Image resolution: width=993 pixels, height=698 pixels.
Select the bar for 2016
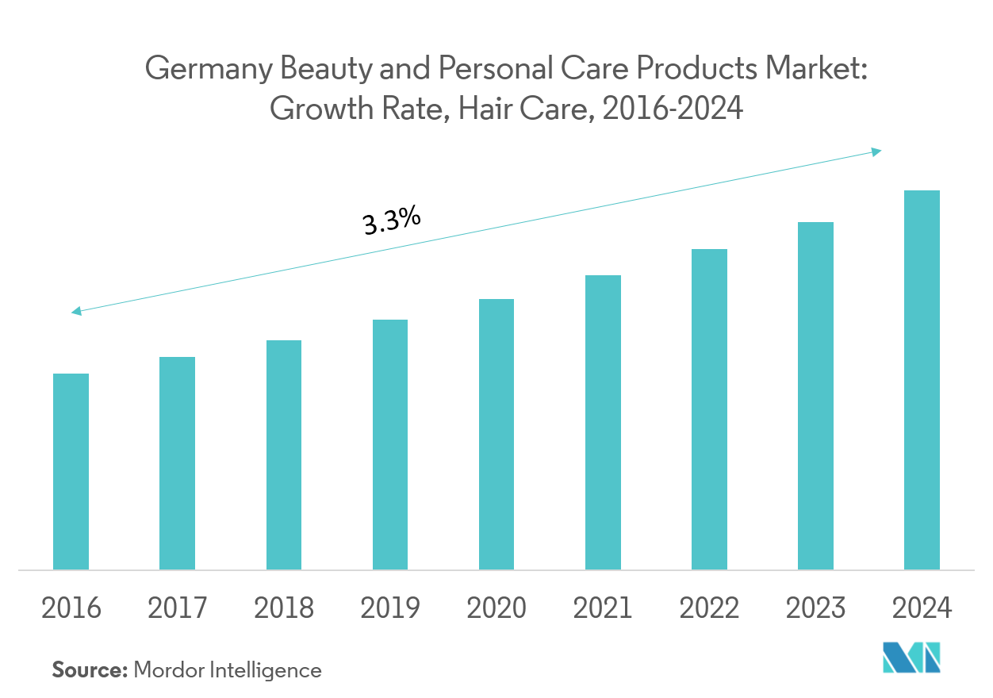[71, 471]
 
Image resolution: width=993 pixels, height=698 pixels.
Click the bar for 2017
[177, 463]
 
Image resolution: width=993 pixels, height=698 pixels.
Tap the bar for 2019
[389, 444]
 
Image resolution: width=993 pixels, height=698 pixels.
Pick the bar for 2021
[603, 422]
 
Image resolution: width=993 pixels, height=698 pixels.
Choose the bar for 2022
[709, 409]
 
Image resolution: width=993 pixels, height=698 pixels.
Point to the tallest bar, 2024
[922, 380]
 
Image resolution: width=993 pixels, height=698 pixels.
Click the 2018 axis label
[283, 608]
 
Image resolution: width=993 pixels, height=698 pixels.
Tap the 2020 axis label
[496, 608]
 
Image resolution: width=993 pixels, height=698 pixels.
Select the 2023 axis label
[815, 608]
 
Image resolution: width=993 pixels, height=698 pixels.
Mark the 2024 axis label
[922, 608]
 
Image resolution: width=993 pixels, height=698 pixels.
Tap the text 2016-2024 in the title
[673, 109]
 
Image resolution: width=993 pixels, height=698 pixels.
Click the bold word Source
[90, 670]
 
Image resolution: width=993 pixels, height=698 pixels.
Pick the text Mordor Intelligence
[228, 670]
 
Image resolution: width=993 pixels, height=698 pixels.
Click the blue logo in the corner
[912, 658]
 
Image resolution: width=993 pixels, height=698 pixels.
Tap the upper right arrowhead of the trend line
[876, 151]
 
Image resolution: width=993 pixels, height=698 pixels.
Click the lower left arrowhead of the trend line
[76, 312]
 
